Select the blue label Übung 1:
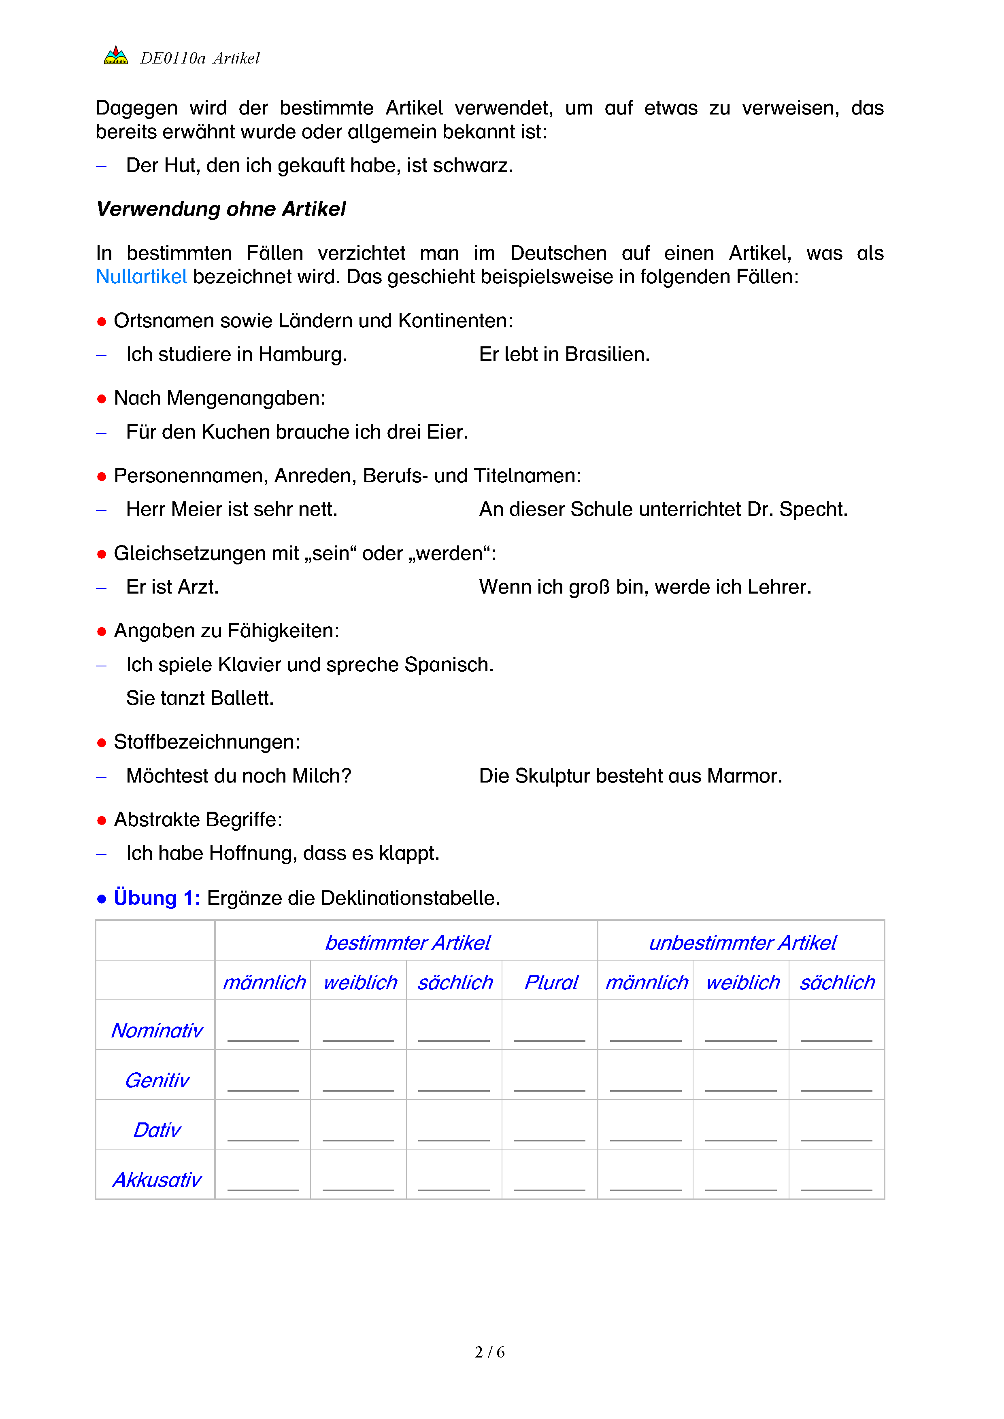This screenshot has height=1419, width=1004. tap(157, 897)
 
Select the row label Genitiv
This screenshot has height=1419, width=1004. tap(157, 1080)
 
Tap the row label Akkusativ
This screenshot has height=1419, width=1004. tap(157, 1180)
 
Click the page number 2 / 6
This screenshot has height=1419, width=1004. tap(489, 1352)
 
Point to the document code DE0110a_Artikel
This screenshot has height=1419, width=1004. tap(200, 58)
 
